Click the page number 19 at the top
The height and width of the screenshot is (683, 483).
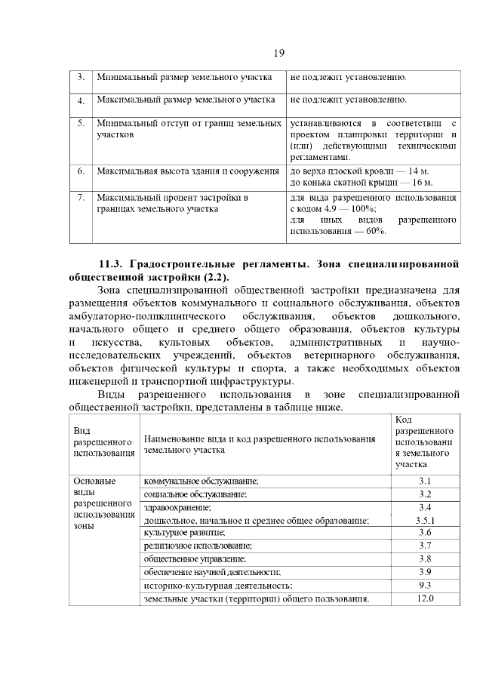point(278,52)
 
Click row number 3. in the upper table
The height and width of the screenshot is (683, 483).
point(81,78)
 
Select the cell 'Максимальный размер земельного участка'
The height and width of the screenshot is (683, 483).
point(185,100)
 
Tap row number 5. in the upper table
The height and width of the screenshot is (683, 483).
point(81,122)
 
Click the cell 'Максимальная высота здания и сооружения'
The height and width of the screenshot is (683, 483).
point(188,171)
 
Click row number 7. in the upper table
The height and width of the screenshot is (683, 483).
point(81,197)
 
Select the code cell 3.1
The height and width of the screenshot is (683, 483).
point(424,481)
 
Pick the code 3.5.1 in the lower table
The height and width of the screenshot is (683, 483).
point(425,520)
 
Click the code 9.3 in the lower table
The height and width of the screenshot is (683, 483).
point(424,585)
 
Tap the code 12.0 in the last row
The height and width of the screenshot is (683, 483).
point(424,598)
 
